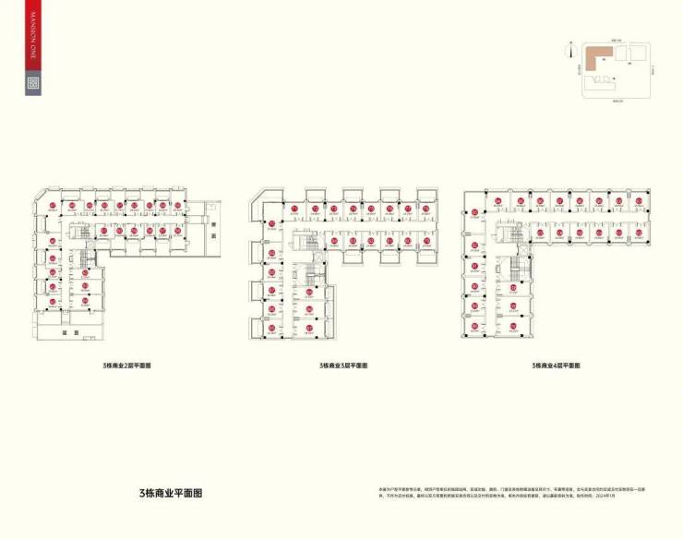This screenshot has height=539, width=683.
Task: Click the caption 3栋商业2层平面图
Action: pyautogui.click(x=127, y=365)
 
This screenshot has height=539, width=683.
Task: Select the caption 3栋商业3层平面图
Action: pyautogui.click(x=343, y=365)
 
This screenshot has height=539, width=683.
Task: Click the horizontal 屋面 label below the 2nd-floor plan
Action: pyautogui.click(x=64, y=330)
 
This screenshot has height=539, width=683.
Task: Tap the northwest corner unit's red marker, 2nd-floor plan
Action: pyautogui.click(x=53, y=205)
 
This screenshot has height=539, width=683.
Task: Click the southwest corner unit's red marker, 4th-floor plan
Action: pyautogui.click(x=475, y=327)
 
